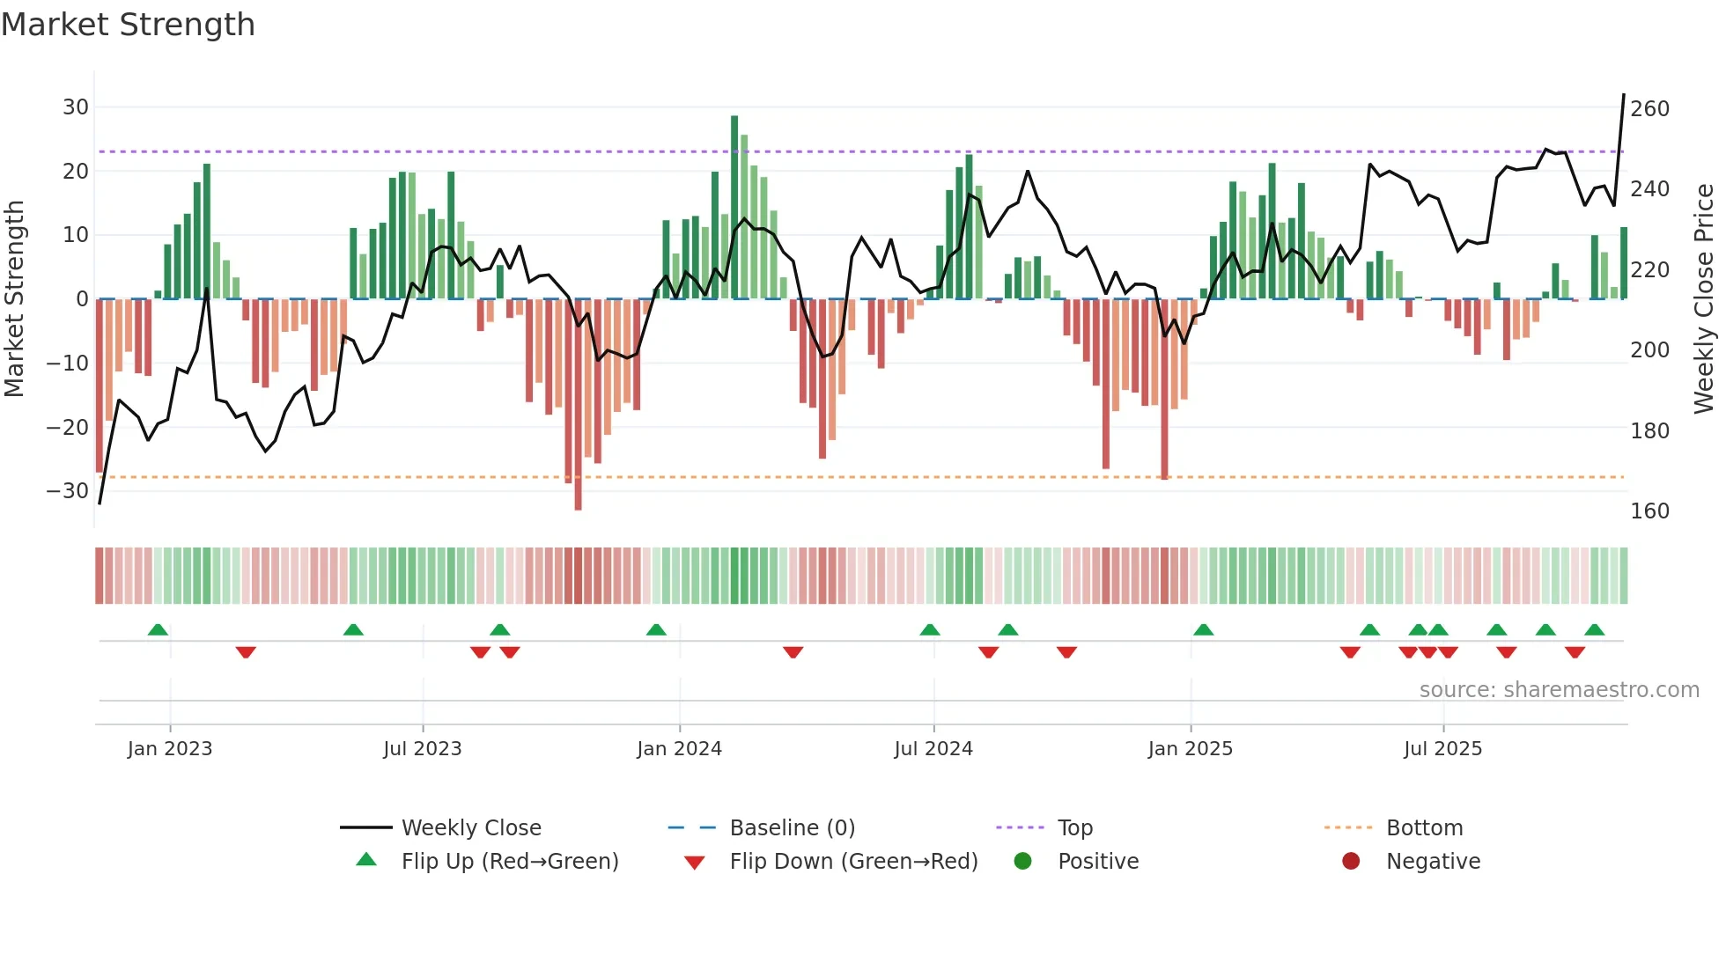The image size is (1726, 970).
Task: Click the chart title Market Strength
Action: coord(128,25)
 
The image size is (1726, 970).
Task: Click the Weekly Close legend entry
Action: coord(470,827)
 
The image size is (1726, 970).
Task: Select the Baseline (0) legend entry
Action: coord(792,827)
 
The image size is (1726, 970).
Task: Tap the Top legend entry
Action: coord(1074,827)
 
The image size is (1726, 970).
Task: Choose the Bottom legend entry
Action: coord(1424,827)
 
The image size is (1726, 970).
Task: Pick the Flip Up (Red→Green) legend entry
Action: coord(509,861)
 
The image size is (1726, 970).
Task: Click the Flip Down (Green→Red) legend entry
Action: coord(852,861)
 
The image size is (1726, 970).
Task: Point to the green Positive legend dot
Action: coord(1022,861)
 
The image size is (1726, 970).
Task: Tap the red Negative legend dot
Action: coord(1351,861)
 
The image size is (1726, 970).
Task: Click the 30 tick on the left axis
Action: coord(76,107)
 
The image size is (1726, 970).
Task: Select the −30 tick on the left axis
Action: coord(68,490)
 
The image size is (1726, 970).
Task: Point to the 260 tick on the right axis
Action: coord(1649,109)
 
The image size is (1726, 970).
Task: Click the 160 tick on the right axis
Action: coord(1649,511)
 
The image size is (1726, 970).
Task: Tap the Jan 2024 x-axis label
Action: coord(679,749)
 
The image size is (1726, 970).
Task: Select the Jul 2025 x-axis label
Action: coord(1442,749)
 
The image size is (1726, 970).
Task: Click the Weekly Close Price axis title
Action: coord(1704,299)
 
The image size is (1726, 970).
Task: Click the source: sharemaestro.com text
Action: coord(1559,690)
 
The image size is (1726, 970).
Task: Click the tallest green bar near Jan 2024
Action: coord(734,207)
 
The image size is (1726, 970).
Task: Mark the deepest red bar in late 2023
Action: coord(578,405)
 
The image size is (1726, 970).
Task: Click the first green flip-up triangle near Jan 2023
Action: coord(158,629)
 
